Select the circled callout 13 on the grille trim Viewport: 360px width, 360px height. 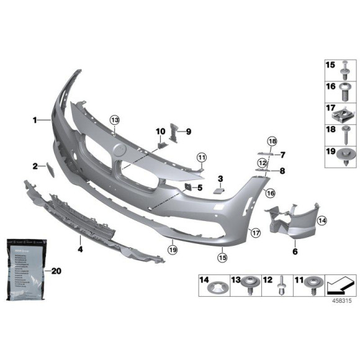(114, 120)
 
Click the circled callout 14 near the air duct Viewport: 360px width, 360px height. (322, 220)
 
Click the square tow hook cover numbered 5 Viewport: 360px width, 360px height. (186, 187)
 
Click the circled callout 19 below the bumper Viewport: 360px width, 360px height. (173, 249)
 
